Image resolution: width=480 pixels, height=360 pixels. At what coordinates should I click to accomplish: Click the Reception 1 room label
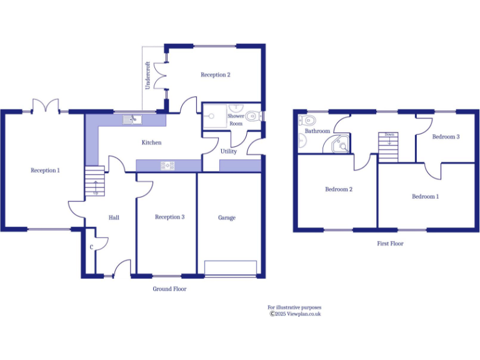click(45, 170)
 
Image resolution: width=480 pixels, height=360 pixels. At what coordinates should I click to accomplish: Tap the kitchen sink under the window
click(133, 118)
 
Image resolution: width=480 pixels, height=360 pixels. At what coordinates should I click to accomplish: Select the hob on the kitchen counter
click(168, 165)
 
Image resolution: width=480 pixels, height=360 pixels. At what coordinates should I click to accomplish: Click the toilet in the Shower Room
click(252, 116)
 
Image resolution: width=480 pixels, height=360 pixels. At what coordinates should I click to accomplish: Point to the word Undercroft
click(148, 75)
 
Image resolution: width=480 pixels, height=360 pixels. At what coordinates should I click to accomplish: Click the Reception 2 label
click(215, 74)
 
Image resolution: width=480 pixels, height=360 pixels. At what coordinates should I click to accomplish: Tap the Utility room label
click(228, 151)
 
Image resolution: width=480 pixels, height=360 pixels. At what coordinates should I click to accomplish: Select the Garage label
click(226, 217)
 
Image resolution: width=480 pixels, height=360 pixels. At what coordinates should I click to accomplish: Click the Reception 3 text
click(169, 217)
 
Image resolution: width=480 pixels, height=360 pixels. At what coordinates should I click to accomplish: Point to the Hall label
click(114, 217)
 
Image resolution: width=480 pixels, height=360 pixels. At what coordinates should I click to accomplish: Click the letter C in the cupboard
click(92, 247)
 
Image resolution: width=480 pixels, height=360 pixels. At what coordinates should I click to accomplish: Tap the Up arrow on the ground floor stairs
click(95, 186)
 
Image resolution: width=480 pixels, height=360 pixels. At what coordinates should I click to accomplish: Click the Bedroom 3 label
click(446, 136)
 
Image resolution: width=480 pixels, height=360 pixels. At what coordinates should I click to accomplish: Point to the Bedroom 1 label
click(425, 196)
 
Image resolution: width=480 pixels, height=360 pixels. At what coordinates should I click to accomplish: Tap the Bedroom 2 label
click(338, 189)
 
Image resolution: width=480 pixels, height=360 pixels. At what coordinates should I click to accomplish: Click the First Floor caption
click(390, 243)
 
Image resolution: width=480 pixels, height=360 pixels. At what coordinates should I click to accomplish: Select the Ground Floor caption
click(169, 289)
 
